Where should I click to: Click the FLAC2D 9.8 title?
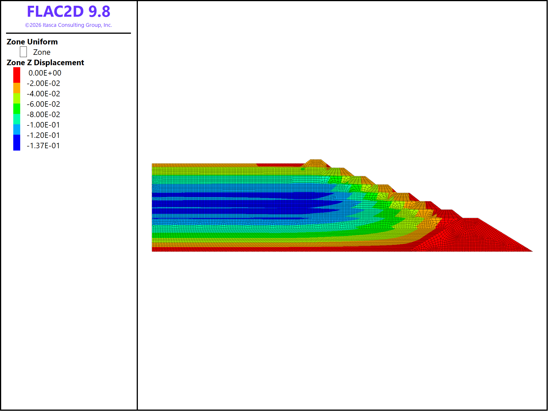pos(69,12)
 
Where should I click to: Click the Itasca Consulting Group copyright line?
pos(69,25)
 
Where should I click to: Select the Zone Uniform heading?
pos(32,42)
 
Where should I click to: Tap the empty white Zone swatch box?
pos(23,52)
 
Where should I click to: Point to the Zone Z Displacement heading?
pos(45,63)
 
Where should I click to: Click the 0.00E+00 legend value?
pos(45,73)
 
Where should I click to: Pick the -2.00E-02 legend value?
pos(43,83)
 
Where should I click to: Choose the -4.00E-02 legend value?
pos(43,94)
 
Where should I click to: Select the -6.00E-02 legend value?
pos(43,104)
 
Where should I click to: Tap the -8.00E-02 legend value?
pos(43,115)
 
